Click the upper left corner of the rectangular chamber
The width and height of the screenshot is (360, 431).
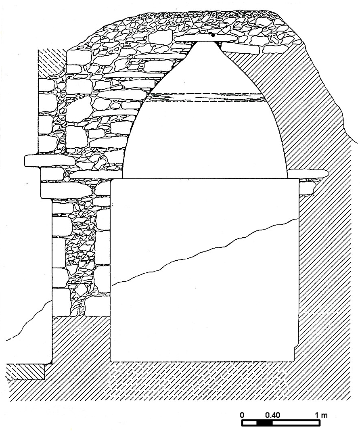(x=111, y=179)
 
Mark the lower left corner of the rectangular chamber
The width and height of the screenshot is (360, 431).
(x=111, y=361)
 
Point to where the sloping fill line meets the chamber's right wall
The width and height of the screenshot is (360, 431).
(x=299, y=218)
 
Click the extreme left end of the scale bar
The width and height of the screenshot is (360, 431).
(x=242, y=423)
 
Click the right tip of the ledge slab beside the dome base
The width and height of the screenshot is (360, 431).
(x=328, y=173)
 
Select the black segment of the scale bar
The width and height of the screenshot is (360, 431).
(x=265, y=423)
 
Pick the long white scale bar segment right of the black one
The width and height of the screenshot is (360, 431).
(x=296, y=423)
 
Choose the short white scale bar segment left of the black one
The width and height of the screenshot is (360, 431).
(x=249, y=423)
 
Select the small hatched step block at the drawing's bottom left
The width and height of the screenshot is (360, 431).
(x=25, y=372)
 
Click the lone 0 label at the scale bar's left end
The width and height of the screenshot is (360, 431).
(x=242, y=415)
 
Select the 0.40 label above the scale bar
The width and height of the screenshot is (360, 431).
(x=272, y=415)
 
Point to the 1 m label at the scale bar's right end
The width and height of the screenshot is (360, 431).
(x=321, y=415)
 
